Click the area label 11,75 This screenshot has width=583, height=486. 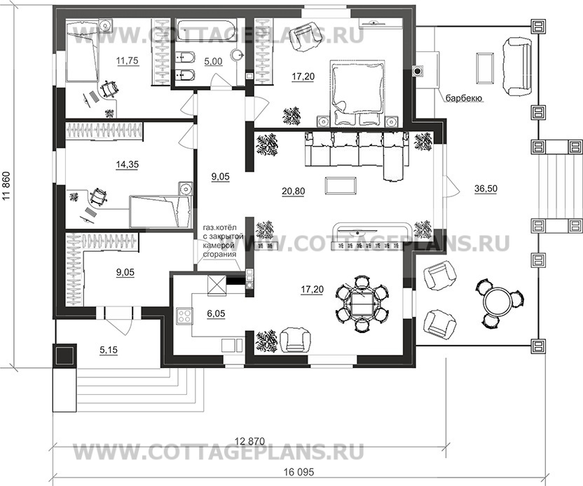127,61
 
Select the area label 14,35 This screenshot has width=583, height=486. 127,166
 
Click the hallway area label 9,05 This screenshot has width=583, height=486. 219,177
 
